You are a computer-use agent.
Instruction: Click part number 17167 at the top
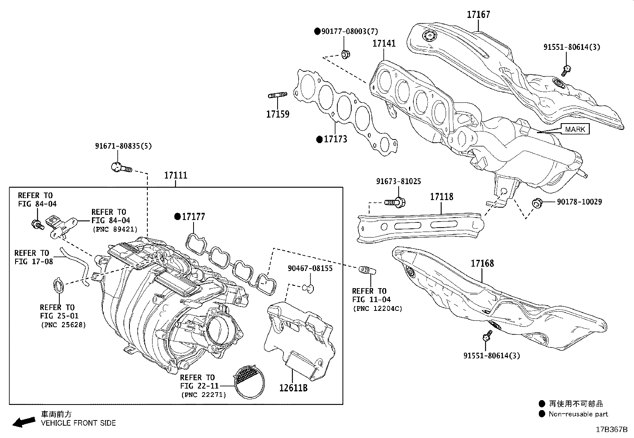point(478,15)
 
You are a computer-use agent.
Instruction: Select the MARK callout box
point(575,129)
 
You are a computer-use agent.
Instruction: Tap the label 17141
point(384,43)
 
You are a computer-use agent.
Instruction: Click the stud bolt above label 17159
point(278,95)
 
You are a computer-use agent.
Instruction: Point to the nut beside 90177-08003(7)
point(345,53)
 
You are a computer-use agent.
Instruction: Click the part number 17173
point(335,139)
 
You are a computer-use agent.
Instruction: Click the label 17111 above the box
point(176,175)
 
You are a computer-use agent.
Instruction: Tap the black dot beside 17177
point(177,217)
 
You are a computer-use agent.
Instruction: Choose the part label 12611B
point(293,388)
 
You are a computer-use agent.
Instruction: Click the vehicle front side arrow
point(23,421)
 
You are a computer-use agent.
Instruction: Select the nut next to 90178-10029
point(537,203)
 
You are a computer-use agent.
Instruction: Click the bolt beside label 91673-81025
point(395,202)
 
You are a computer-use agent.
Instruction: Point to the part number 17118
point(441,197)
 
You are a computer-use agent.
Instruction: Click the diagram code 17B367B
point(611,430)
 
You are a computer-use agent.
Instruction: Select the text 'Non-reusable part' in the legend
point(578,414)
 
